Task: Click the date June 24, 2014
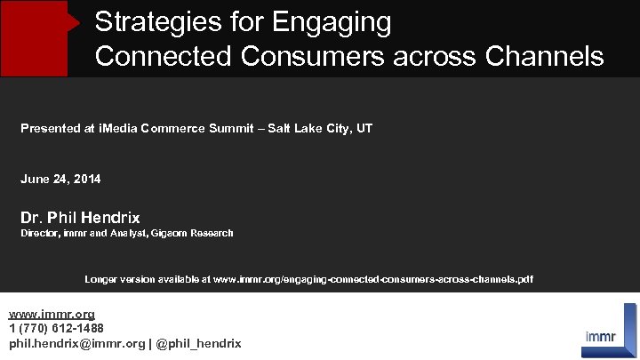click(x=60, y=180)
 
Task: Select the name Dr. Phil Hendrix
click(x=80, y=218)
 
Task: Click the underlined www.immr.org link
click(x=52, y=315)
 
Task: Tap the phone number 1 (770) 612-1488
click(x=56, y=329)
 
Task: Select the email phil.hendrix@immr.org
click(x=76, y=343)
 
